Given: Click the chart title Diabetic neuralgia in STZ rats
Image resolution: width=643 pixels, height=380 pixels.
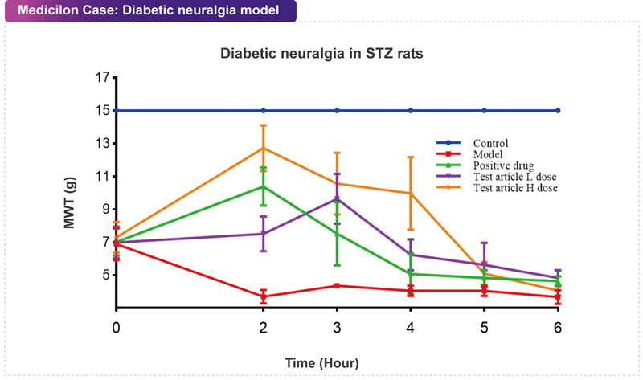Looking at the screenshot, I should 321,54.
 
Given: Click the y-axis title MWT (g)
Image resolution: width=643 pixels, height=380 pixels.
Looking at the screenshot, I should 72,206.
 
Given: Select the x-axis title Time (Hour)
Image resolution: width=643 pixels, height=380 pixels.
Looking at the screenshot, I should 321,362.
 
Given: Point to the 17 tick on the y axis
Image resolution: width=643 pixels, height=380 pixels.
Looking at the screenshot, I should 102,78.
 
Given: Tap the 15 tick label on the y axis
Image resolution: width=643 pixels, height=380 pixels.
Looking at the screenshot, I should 102,111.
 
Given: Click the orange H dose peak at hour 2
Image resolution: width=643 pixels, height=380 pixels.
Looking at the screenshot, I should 264,149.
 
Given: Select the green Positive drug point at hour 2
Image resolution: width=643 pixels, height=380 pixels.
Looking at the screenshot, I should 264,186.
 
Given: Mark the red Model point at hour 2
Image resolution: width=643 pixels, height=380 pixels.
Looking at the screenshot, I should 264,296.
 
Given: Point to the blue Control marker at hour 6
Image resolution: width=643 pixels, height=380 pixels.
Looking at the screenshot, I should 558,110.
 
